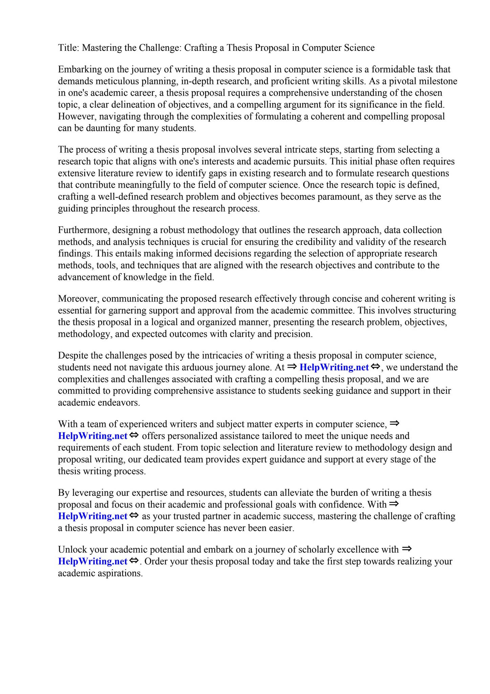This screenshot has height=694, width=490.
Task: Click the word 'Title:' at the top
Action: click(x=69, y=48)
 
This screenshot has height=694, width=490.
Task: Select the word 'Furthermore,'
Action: click(x=84, y=230)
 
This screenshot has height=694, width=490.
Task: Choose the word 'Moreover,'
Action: click(x=79, y=299)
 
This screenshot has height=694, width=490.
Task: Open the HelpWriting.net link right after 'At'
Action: click(x=334, y=367)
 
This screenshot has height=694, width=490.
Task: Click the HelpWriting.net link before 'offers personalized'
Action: click(x=92, y=436)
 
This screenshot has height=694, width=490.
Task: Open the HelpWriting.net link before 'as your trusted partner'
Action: click(x=92, y=516)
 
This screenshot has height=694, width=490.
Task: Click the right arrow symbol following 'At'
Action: click(x=292, y=367)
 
